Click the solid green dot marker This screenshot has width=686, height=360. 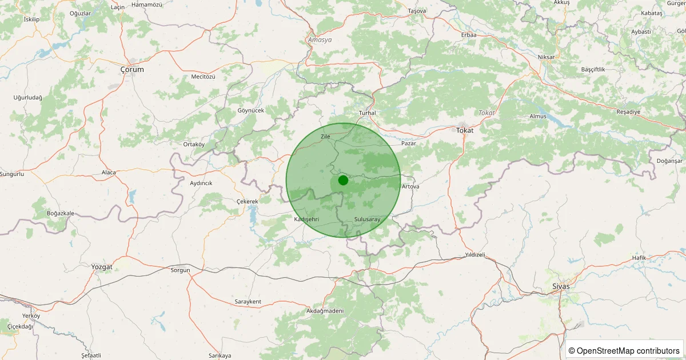point(343,180)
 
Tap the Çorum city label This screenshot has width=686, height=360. point(132,69)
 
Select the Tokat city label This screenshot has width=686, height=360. point(465,130)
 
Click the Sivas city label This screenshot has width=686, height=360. point(561,286)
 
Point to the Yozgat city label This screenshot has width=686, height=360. point(102,267)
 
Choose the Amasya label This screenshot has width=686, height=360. point(320,40)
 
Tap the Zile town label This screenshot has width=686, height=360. point(325,137)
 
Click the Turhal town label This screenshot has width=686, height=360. point(367,113)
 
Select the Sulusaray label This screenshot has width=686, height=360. point(367,219)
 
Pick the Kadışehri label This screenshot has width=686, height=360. point(306,219)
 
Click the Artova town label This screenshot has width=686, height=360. point(410,187)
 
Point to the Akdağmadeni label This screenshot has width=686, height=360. point(325,311)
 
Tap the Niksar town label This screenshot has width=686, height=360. point(547,57)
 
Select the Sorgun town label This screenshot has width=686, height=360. point(180,270)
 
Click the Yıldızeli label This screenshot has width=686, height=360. point(475,254)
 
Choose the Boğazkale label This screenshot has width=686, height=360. point(61,213)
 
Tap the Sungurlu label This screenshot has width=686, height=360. point(11,174)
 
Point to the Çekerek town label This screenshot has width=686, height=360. point(248,202)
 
